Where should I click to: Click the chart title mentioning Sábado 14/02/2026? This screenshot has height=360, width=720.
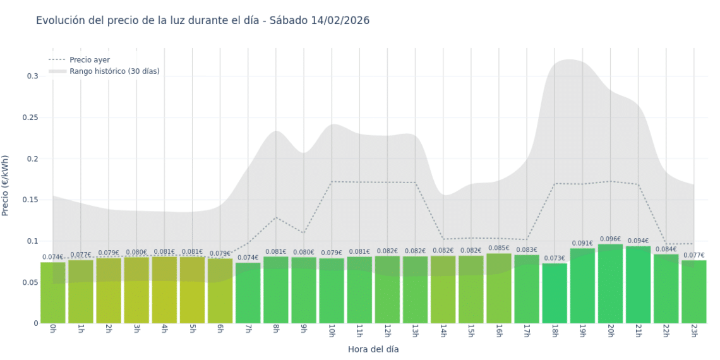pyautogui.click(x=203, y=20)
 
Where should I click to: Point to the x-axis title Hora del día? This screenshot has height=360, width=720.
pyautogui.click(x=373, y=349)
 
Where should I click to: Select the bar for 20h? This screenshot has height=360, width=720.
pyautogui.click(x=610, y=284)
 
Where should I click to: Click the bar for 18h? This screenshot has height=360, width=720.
pyautogui.click(x=555, y=294)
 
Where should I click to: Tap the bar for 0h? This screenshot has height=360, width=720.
pyautogui.click(x=53, y=293)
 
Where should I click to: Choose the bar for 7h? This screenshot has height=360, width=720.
pyautogui.click(x=248, y=293)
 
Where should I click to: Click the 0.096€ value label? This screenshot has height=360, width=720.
pyautogui.click(x=610, y=239)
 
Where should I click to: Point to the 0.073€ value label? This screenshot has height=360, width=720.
pyautogui.click(x=555, y=258)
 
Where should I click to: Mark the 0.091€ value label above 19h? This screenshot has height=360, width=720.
pyautogui.click(x=582, y=243)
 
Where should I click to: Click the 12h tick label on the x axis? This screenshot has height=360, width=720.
pyautogui.click(x=387, y=332)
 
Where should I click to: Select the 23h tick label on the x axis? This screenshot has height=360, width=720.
pyautogui.click(x=693, y=332)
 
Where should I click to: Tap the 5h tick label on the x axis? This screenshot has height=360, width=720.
pyautogui.click(x=192, y=331)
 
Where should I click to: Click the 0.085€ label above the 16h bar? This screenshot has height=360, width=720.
pyautogui.click(x=498, y=248)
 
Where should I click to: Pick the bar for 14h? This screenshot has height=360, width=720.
pyautogui.click(x=443, y=290)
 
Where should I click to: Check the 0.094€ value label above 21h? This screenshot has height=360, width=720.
pyautogui.click(x=638, y=241)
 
